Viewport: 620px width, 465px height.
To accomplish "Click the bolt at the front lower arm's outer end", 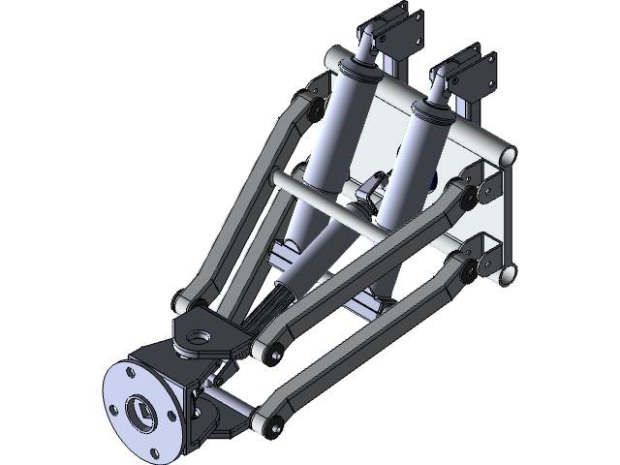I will point(274,422).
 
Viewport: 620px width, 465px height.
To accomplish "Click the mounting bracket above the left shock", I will point(398,29).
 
